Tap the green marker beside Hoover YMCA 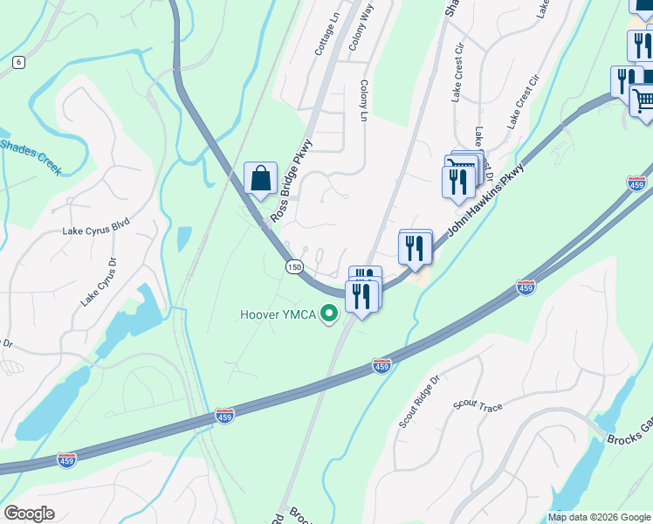tap(329, 313)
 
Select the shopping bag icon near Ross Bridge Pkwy tap(260, 179)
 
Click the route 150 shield tap(293, 266)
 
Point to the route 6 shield tap(18, 62)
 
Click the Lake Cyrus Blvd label tap(95, 231)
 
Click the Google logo tap(29, 514)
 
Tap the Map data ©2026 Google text tap(598, 517)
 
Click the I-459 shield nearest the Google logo tap(66, 459)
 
